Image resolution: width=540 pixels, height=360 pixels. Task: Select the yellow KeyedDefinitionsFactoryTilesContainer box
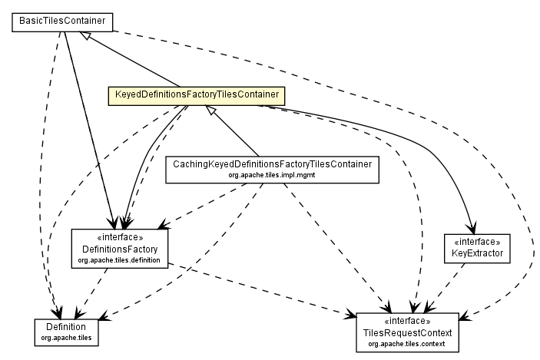click(x=196, y=96)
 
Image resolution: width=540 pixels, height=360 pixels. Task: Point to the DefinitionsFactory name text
click(x=120, y=249)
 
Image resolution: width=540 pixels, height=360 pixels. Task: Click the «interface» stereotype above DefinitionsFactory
click(x=120, y=238)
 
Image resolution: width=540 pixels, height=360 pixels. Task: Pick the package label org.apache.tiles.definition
click(x=120, y=261)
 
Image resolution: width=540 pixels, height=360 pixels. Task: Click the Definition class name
click(x=67, y=326)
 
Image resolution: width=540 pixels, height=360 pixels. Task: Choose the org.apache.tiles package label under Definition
click(x=67, y=336)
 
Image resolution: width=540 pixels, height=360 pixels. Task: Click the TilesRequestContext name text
click(x=407, y=332)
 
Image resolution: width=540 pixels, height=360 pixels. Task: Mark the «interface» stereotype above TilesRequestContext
click(x=407, y=321)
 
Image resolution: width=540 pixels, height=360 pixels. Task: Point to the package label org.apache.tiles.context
click(x=407, y=344)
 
